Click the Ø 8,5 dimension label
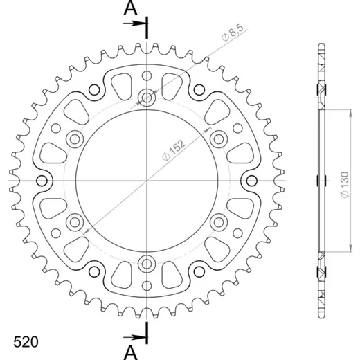233,33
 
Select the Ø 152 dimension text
174,150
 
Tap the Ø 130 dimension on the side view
345,185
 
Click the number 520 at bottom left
26,342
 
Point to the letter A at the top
131,8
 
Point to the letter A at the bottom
131,353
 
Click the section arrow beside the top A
134,24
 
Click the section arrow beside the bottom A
134,338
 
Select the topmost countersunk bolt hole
147,98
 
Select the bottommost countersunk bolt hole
147,264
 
